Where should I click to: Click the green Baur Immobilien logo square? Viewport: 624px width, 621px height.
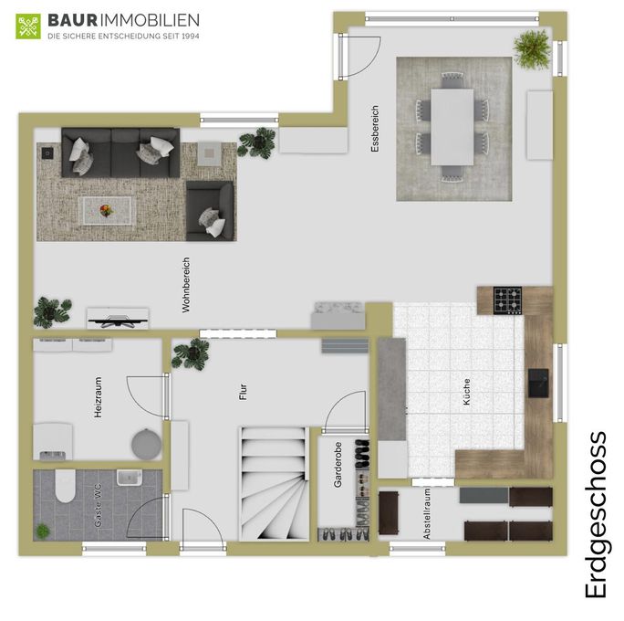pyautogui.click(x=28, y=26)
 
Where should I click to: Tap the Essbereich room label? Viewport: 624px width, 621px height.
pyautogui.click(x=375, y=129)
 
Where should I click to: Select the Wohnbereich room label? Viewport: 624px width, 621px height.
pyautogui.click(x=186, y=285)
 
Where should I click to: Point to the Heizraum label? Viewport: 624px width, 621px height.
pyautogui.click(x=98, y=397)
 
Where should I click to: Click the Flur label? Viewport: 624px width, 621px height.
pyautogui.click(x=244, y=392)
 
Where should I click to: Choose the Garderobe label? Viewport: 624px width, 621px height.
pyautogui.click(x=338, y=465)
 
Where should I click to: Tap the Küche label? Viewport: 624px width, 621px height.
pyautogui.click(x=466, y=392)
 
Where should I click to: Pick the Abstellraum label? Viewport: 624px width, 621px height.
pyautogui.click(x=427, y=514)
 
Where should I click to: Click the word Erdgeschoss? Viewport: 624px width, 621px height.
pyautogui.click(x=596, y=515)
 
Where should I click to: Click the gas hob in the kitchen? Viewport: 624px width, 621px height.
pyautogui.click(x=507, y=300)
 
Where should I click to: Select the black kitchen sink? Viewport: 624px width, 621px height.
pyautogui.click(x=538, y=383)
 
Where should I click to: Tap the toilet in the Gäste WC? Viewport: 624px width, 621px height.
pyautogui.click(x=66, y=485)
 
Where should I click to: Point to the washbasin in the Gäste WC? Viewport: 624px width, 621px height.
pyautogui.click(x=130, y=478)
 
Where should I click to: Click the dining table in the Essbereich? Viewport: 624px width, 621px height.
pyautogui.click(x=452, y=127)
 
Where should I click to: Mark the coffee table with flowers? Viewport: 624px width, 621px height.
pyautogui.click(x=107, y=211)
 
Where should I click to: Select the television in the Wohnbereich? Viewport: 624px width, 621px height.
pyautogui.click(x=118, y=319)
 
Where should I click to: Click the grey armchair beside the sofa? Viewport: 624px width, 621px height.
pyautogui.click(x=210, y=211)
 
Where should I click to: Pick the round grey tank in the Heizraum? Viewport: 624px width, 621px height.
pyautogui.click(x=147, y=444)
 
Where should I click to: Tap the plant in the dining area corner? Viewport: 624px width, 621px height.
pyautogui.click(x=532, y=49)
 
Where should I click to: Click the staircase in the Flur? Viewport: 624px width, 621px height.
pyautogui.click(x=275, y=484)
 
